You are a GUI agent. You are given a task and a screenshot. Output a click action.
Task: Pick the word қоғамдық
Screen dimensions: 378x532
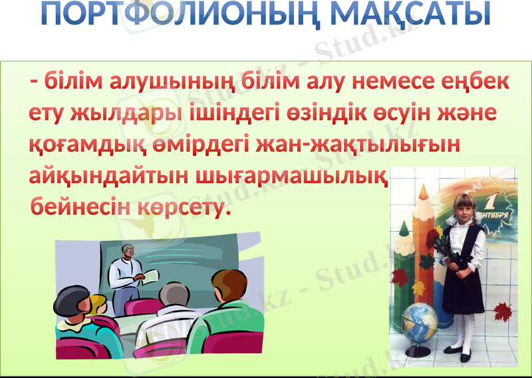pos(79,146)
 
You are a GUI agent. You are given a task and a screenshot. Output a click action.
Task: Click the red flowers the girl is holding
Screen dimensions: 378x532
pos(432,237)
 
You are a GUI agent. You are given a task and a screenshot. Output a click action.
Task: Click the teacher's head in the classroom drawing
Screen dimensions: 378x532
pos(127,252)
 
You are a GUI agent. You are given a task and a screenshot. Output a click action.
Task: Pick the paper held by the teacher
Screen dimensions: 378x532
pos(150,274)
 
